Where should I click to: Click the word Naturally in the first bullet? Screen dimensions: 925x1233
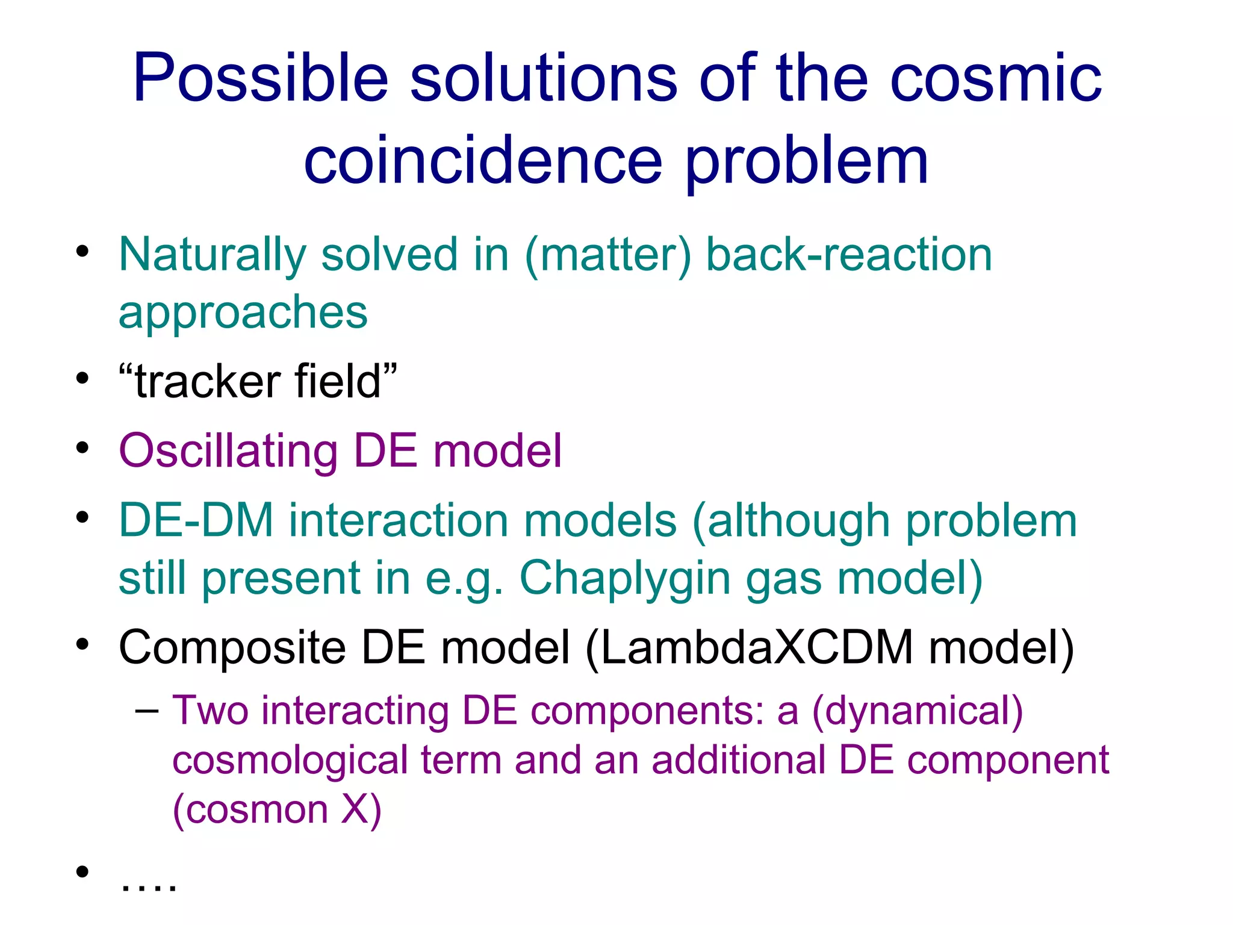click(212, 255)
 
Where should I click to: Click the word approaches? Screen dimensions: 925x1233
click(243, 313)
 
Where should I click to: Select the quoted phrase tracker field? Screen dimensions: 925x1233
click(258, 382)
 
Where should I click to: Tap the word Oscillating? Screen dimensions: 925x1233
click(228, 451)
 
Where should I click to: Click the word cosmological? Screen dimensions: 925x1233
click(290, 760)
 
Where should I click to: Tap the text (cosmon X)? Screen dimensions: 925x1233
click(277, 810)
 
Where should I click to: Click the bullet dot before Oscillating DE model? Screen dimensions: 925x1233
click(82, 447)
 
